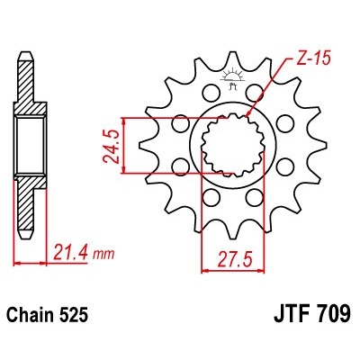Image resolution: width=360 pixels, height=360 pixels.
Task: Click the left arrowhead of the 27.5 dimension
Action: pos(202,267)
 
